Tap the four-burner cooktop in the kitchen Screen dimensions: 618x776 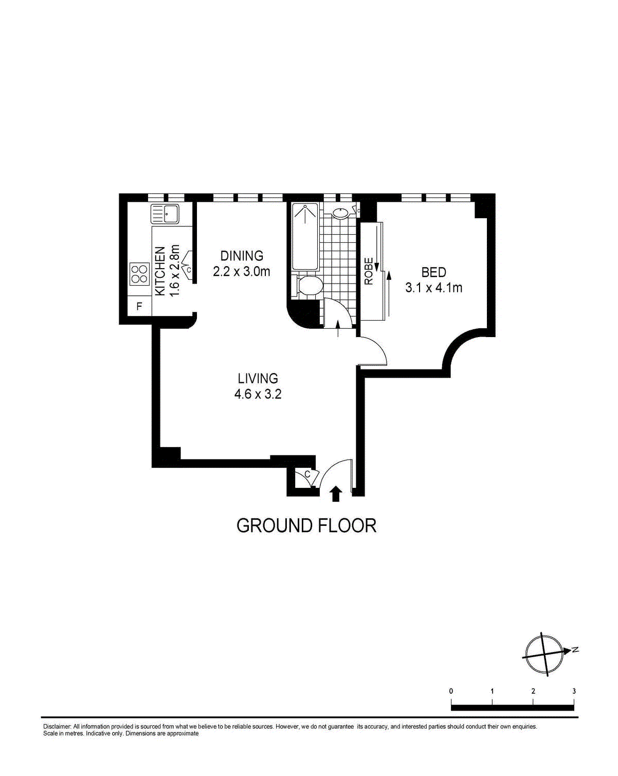[x=139, y=274]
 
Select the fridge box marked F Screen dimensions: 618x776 [x=139, y=306]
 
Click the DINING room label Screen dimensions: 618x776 [x=242, y=256]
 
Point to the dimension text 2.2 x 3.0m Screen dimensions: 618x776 [x=242, y=271]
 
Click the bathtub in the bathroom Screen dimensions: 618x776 [x=305, y=237]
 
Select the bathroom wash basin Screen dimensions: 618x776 [x=340, y=213]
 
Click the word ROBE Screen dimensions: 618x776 [x=368, y=271]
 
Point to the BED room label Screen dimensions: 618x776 [x=434, y=272]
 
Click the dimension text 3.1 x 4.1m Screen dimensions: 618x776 [x=434, y=288]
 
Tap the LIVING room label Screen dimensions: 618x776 [x=258, y=378]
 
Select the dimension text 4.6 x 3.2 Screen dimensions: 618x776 [x=258, y=394]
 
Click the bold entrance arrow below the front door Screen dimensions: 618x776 [x=336, y=493]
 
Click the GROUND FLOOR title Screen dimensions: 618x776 [x=306, y=525]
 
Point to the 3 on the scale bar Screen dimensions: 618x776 [x=574, y=691]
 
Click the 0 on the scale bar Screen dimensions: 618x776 [x=451, y=691]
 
